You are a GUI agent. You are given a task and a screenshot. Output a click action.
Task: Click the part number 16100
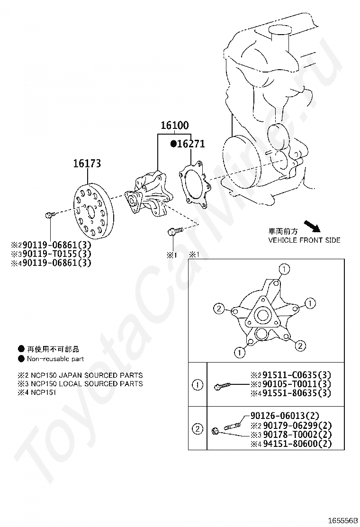[x=174, y=126]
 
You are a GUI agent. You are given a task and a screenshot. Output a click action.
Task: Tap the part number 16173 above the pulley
[x=87, y=164]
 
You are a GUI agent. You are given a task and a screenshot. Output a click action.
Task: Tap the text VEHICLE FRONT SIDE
[x=304, y=240]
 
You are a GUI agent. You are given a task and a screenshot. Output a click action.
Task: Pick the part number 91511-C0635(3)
[x=294, y=375]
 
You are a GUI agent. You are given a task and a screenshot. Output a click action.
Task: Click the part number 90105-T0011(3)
[x=294, y=384]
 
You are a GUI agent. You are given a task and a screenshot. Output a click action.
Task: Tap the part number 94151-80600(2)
[x=294, y=444]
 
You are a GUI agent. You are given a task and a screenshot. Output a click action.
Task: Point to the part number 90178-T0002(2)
[x=294, y=435]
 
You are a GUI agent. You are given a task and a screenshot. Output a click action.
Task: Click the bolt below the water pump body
[x=173, y=232]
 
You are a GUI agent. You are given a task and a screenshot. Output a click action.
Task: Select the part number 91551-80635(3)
[x=294, y=393]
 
